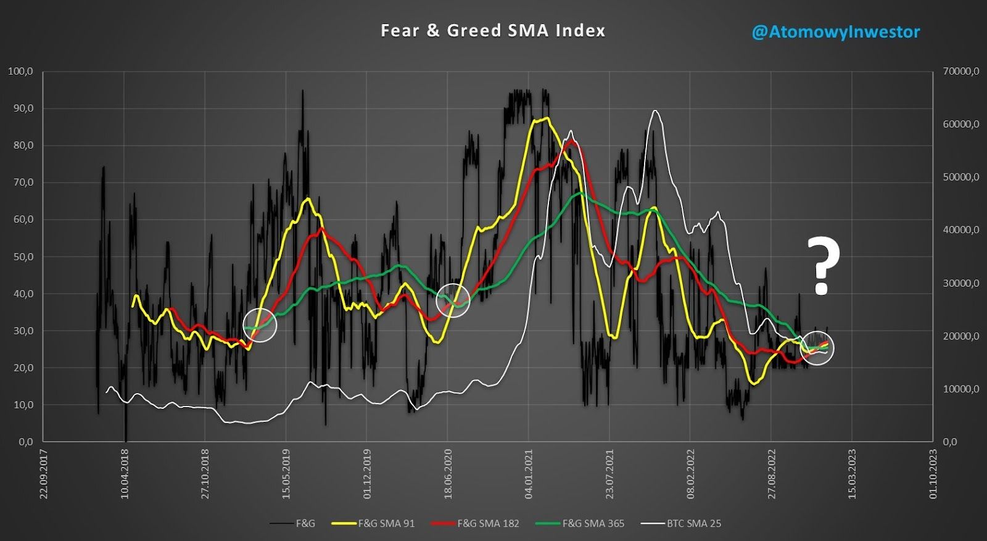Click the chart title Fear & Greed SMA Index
(x=492, y=31)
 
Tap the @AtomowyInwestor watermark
(x=835, y=32)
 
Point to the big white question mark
(x=823, y=266)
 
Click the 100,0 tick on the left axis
(x=20, y=72)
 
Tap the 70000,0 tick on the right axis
(x=960, y=72)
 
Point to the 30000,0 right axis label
(x=960, y=283)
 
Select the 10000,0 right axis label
(x=960, y=389)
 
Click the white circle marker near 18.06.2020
(x=453, y=300)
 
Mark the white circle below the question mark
(x=817, y=348)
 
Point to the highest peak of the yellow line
(x=547, y=118)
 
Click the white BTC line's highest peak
(x=655, y=111)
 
